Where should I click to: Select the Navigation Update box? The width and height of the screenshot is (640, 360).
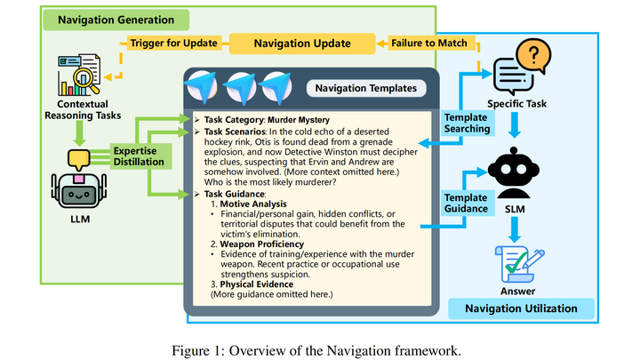[300, 42]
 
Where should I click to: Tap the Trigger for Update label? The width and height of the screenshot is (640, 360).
[175, 42]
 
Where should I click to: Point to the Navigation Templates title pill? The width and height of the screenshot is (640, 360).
[365, 88]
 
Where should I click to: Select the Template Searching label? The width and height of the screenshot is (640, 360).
[467, 123]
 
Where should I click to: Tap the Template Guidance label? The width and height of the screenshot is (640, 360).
[466, 202]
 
